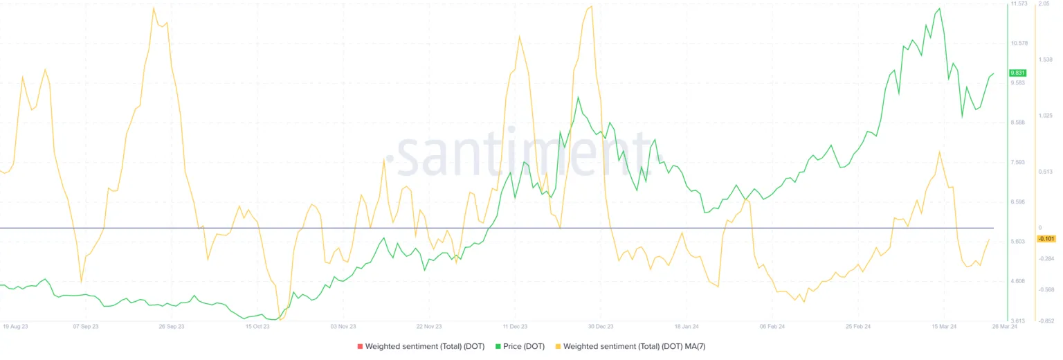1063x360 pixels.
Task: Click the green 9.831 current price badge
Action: (1017, 73)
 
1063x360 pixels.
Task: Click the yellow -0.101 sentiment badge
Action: (1045, 239)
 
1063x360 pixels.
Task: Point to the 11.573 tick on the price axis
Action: (1019, 4)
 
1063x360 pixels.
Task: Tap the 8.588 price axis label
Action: (1018, 123)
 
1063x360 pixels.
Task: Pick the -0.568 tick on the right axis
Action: (1045, 289)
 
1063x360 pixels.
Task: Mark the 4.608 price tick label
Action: (1018, 281)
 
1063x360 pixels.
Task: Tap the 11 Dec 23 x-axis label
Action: (515, 325)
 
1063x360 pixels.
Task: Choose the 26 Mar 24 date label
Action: (1004, 325)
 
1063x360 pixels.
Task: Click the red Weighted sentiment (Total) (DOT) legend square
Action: (359, 346)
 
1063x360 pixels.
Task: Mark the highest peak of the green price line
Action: (939, 9)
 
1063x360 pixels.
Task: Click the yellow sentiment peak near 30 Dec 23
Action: (590, 6)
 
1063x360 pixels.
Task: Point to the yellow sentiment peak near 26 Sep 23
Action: (154, 8)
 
